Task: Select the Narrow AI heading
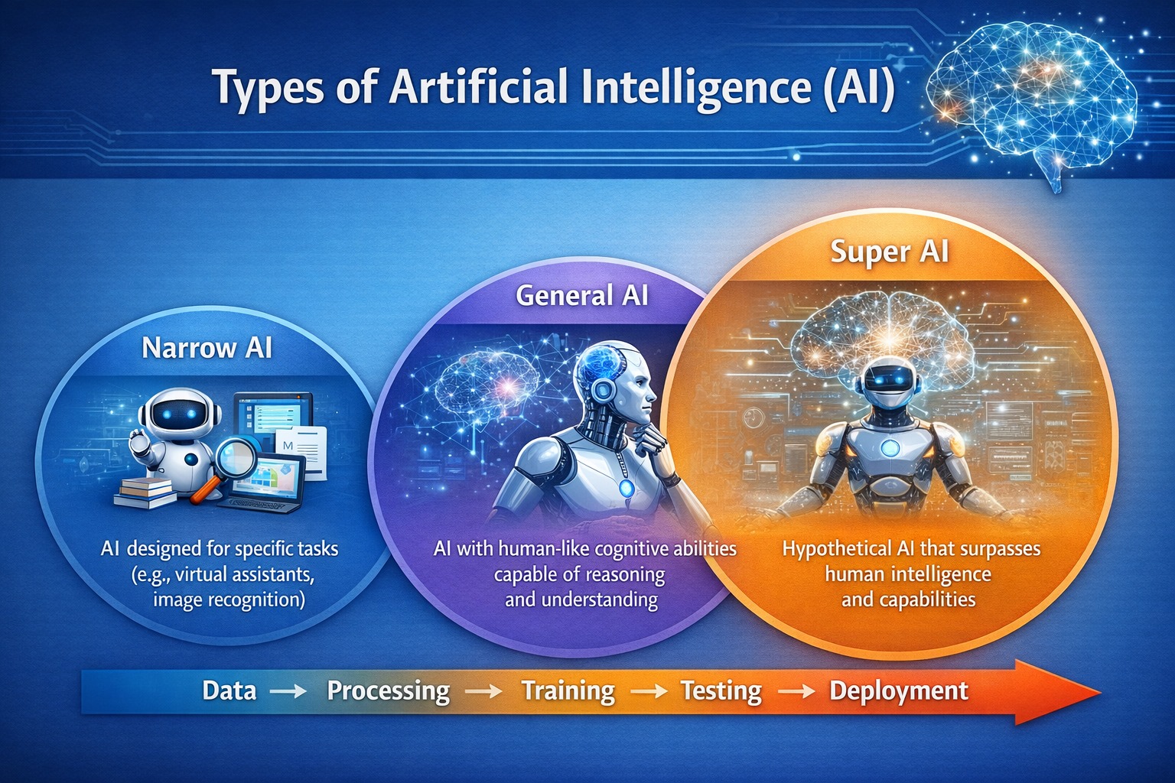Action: tap(207, 348)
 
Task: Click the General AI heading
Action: tap(581, 295)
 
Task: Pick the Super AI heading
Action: tap(889, 252)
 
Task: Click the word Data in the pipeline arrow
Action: tap(229, 690)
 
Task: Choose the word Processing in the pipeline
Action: tap(388, 690)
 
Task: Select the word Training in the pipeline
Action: tap(568, 690)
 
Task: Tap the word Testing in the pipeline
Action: tap(721, 690)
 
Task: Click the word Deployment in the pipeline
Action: tap(899, 690)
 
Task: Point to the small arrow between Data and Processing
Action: tap(289, 691)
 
